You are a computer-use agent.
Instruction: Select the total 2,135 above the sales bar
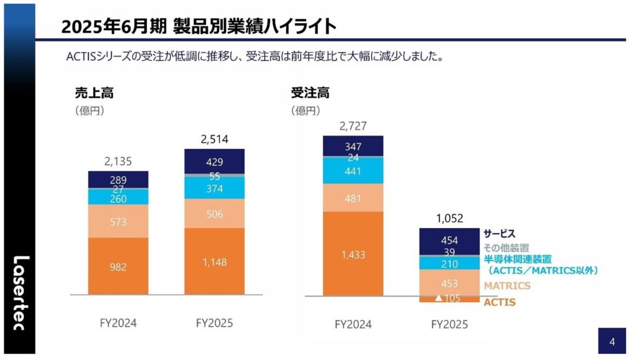tap(118, 161)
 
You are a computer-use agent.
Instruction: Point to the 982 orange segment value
tap(118, 267)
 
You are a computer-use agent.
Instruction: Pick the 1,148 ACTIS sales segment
tap(214, 262)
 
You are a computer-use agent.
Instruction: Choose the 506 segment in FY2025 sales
tap(214, 214)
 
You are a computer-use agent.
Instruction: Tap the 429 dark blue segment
tap(214, 161)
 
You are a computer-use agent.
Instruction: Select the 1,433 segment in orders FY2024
tap(353, 254)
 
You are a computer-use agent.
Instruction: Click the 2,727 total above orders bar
tap(353, 126)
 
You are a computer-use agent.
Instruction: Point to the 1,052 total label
tap(449, 219)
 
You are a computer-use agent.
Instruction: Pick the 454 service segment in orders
tap(449, 240)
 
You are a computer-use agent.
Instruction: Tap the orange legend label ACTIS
tap(499, 302)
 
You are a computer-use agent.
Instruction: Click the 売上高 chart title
tap(94, 93)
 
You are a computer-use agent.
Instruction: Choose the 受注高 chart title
tap(310, 93)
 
